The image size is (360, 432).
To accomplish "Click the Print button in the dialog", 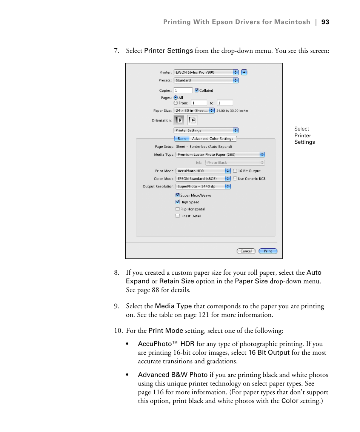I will click(268, 251).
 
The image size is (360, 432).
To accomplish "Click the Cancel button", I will click(246, 251).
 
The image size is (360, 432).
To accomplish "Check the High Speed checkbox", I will click(177, 202).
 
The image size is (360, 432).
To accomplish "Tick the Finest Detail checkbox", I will click(177, 216).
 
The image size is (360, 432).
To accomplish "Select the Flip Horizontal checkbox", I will click(177, 209).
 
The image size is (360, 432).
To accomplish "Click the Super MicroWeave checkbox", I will click(177, 195).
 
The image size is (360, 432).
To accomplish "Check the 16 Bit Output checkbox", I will click(235, 171).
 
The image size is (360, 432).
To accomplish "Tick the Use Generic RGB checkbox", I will click(235, 179).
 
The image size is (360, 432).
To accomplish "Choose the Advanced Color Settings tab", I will click(212, 139).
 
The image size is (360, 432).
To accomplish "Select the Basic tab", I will click(182, 139).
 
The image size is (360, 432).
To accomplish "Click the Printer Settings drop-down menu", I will click(206, 131).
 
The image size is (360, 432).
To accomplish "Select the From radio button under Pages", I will click(176, 103).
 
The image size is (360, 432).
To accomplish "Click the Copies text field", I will click(183, 91).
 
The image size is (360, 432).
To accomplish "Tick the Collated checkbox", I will click(197, 91).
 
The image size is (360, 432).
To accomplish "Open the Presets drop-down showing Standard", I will click(206, 80).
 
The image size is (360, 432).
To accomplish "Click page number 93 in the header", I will click(325, 22).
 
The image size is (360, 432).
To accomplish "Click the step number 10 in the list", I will click(118, 331).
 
